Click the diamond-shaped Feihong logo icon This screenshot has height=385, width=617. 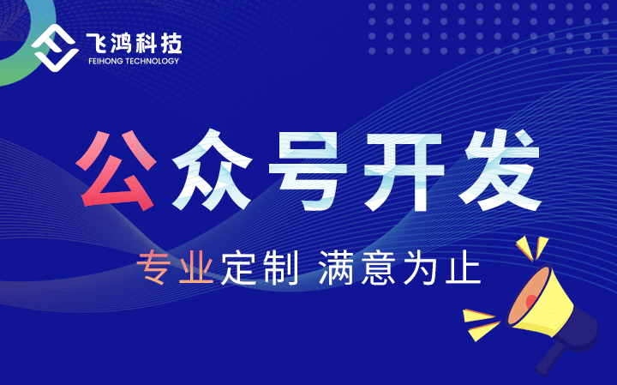click(x=55, y=48)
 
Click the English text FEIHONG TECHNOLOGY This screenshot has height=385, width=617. click(x=134, y=61)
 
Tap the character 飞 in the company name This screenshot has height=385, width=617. click(x=96, y=44)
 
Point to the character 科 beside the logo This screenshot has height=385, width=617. click(x=146, y=44)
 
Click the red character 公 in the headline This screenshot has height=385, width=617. click(x=116, y=170)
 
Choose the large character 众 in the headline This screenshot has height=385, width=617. click(x=212, y=169)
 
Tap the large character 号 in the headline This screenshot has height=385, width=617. click(x=308, y=170)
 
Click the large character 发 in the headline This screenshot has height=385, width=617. click(x=501, y=170)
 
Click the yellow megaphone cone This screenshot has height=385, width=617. click(x=541, y=300)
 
